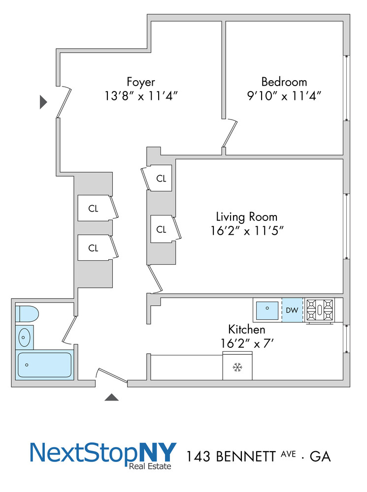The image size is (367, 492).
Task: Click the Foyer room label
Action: (x=141, y=82)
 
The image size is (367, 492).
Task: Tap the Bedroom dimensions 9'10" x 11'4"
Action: (x=284, y=95)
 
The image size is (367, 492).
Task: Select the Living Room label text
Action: (x=246, y=216)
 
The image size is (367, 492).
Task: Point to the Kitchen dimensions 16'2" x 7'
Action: (x=246, y=343)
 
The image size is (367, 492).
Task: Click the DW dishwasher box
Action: (x=293, y=310)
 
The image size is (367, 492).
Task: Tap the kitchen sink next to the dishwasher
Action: (x=267, y=309)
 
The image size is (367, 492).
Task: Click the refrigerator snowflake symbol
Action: (x=237, y=367)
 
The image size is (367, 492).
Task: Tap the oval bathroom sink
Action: (x=24, y=338)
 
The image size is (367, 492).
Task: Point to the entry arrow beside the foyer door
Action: (x=43, y=102)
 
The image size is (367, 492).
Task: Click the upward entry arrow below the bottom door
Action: (x=112, y=397)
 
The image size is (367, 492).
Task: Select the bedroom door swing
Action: (x=230, y=134)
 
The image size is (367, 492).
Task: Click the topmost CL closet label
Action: (x=161, y=178)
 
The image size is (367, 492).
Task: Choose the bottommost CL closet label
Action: (x=93, y=248)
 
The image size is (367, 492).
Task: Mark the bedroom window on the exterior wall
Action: (x=347, y=87)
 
